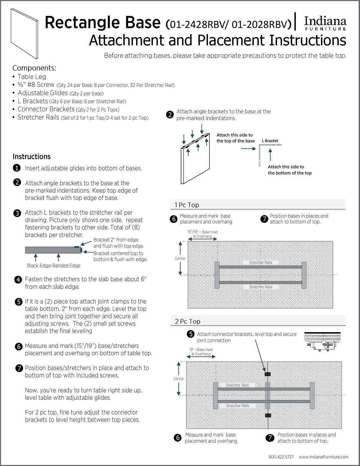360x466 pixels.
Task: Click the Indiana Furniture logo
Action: click(x=325, y=23)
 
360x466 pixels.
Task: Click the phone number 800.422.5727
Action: click(x=281, y=457)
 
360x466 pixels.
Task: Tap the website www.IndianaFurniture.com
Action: click(x=324, y=457)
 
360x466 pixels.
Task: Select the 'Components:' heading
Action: click(x=34, y=68)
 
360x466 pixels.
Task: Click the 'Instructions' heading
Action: click(x=31, y=157)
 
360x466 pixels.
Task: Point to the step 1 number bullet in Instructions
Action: click(x=17, y=168)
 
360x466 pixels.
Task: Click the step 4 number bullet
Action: click(x=18, y=279)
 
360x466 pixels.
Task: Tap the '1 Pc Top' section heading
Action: click(x=187, y=205)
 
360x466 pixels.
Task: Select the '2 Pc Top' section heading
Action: click(x=188, y=321)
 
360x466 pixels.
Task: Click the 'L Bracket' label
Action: click(x=270, y=141)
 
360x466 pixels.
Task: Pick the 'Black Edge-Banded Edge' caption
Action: click(x=54, y=266)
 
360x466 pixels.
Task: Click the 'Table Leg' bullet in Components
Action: click(x=32, y=77)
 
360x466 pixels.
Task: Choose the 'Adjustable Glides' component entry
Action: click(x=43, y=93)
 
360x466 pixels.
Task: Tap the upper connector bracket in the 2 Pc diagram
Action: click(x=268, y=374)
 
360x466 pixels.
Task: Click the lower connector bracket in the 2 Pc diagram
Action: click(x=268, y=415)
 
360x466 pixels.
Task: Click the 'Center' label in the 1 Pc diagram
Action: click(x=180, y=258)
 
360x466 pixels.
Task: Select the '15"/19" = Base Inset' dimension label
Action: click(x=203, y=232)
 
